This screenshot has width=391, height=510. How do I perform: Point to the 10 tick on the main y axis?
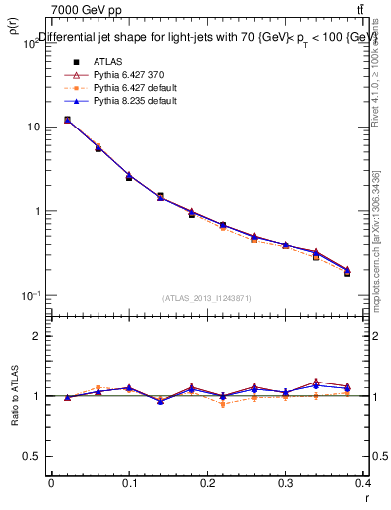pyautogui.click(x=33, y=127)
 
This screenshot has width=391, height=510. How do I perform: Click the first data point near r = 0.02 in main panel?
pyautogui.click(x=67, y=120)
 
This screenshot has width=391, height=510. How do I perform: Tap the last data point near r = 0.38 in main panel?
pyautogui.click(x=347, y=272)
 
